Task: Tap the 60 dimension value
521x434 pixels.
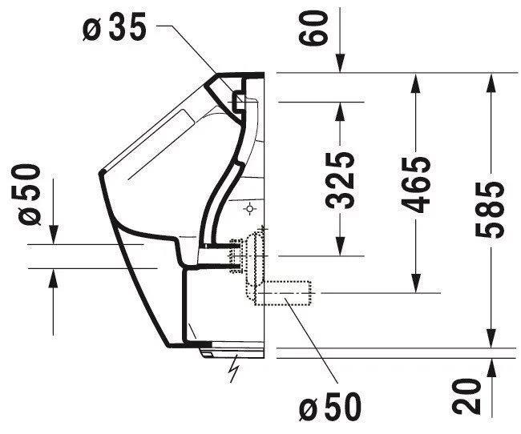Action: tap(313, 27)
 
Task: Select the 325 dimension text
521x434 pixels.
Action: tap(340, 180)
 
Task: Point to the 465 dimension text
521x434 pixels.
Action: tap(416, 185)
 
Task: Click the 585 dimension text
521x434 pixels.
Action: tap(490, 210)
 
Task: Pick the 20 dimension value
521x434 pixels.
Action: tap(466, 396)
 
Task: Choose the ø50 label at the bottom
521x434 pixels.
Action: tap(330, 407)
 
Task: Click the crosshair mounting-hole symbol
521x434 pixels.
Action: tap(249, 209)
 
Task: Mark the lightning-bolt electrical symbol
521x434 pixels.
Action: tap(234, 368)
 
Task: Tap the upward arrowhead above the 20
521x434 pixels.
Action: tap(491, 368)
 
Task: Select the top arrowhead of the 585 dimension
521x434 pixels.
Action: tap(491, 82)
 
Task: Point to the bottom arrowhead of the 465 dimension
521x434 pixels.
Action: tap(416, 283)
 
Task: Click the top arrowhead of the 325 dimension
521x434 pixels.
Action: tap(340, 111)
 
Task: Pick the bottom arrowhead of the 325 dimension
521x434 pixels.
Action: tap(340, 247)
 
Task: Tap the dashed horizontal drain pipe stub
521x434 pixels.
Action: tap(283, 293)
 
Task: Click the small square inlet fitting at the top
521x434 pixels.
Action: tap(239, 100)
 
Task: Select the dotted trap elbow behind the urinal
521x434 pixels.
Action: tap(254, 259)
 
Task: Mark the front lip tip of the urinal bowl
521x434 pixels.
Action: tap(101, 172)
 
